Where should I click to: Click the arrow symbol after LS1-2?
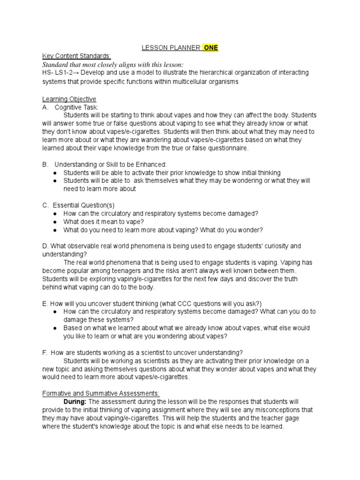coord(78,73)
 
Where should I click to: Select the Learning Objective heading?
coord(69,99)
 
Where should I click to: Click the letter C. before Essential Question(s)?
coord(45,205)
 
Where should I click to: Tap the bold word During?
coord(75,402)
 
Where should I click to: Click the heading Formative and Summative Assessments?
coord(101,393)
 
